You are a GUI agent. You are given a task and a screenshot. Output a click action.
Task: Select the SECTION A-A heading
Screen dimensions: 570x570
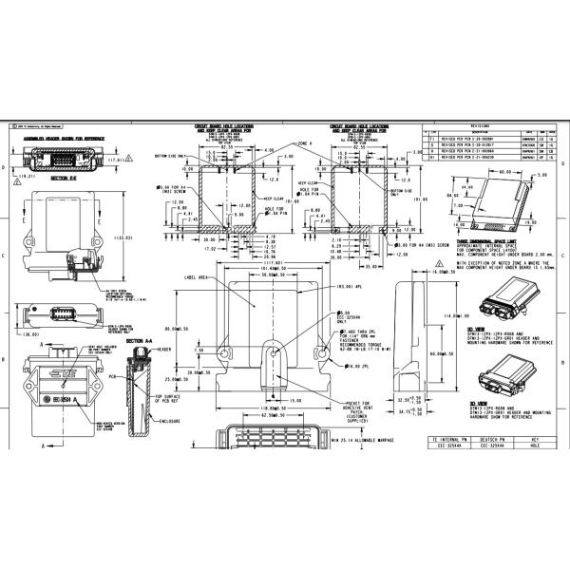point(140,340)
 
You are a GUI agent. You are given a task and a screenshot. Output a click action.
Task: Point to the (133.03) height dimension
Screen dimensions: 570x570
point(121,237)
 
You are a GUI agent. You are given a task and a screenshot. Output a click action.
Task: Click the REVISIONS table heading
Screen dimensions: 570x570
point(481,124)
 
